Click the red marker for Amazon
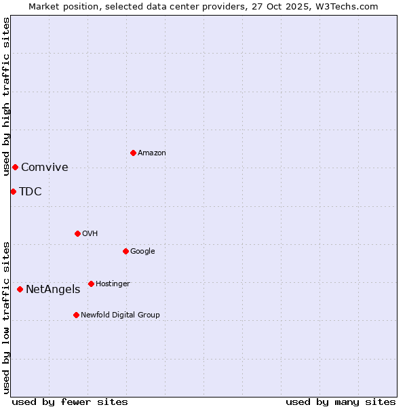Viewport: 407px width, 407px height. tap(133, 153)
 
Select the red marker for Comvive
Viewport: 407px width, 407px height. tap(15, 167)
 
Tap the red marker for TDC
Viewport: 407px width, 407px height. tap(13, 191)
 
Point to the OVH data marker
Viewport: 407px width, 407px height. tap(77, 233)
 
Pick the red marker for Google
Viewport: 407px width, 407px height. tap(125, 251)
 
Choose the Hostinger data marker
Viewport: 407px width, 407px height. tap(91, 284)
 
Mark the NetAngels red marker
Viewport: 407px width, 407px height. tap(20, 289)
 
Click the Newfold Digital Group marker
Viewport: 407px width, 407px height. tap(76, 315)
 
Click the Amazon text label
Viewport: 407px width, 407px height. tap(152, 153)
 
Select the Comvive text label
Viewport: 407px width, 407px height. tap(45, 168)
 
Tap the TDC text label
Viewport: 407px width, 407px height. tap(31, 192)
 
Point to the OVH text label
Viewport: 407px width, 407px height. tap(90, 234)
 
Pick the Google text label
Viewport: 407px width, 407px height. tap(142, 252)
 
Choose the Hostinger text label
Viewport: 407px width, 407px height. tap(113, 284)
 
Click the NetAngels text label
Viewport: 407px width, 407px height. tap(53, 290)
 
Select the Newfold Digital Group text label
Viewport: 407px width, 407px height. tap(120, 315)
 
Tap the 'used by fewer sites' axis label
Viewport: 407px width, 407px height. tap(70, 402)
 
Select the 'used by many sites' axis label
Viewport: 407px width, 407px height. tap(341, 402)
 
